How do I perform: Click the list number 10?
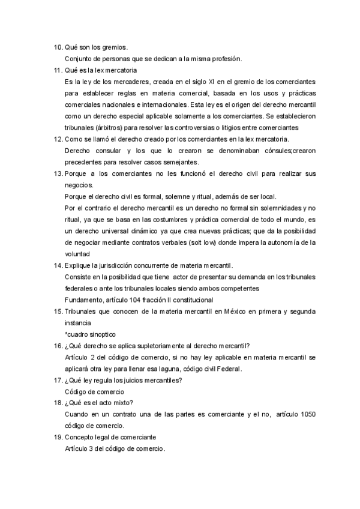pyautogui.click(x=58, y=47)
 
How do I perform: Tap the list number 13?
pyautogui.click(x=58, y=173)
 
